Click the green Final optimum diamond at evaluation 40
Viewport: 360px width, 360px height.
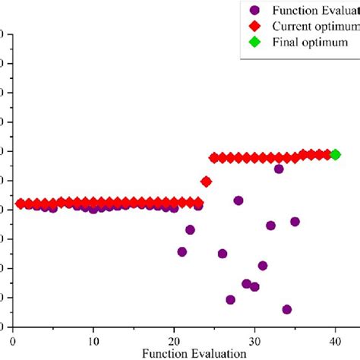click(x=335, y=154)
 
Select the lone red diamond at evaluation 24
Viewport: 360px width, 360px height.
click(x=206, y=182)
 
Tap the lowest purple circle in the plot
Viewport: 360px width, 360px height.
click(x=286, y=309)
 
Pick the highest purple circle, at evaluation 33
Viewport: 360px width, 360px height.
click(x=279, y=169)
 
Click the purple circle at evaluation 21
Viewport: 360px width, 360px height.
click(x=182, y=251)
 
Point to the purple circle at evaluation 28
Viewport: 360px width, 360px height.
click(x=238, y=201)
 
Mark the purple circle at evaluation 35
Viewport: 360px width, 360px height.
click(x=295, y=222)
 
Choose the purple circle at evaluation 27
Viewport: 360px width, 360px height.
click(x=230, y=299)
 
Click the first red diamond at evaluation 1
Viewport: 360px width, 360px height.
click(x=21, y=203)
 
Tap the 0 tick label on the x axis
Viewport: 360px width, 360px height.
click(x=13, y=342)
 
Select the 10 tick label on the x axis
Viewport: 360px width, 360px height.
click(x=93, y=342)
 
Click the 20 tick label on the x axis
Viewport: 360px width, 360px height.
click(x=174, y=342)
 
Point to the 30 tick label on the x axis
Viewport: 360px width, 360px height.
click(x=254, y=342)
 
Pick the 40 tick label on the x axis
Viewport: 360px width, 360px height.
click(x=335, y=342)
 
